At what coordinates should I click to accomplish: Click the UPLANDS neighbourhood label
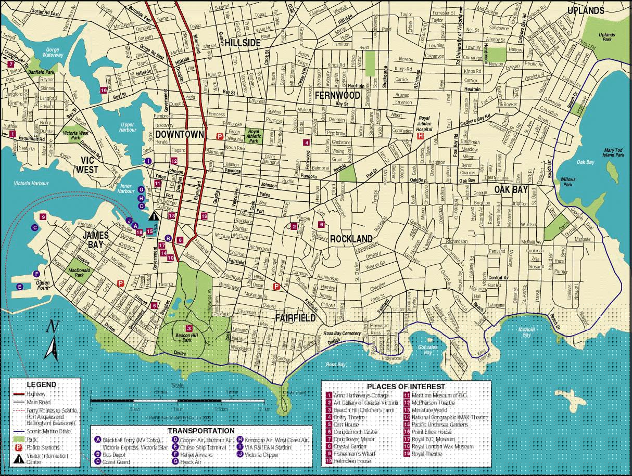pyautogui.click(x=585, y=10)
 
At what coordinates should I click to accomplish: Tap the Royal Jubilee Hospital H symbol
pyautogui.click(x=420, y=136)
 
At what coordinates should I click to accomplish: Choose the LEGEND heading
pyautogui.click(x=41, y=384)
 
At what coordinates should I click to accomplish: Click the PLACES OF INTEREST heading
pyautogui.click(x=406, y=387)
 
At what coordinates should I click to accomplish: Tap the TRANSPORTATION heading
pyautogui.click(x=201, y=431)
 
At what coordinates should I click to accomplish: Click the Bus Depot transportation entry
pyautogui.click(x=115, y=454)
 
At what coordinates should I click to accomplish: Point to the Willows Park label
pyautogui.click(x=567, y=182)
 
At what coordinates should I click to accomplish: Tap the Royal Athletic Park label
pyautogui.click(x=253, y=137)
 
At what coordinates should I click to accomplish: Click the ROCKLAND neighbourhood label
pyautogui.click(x=351, y=239)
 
